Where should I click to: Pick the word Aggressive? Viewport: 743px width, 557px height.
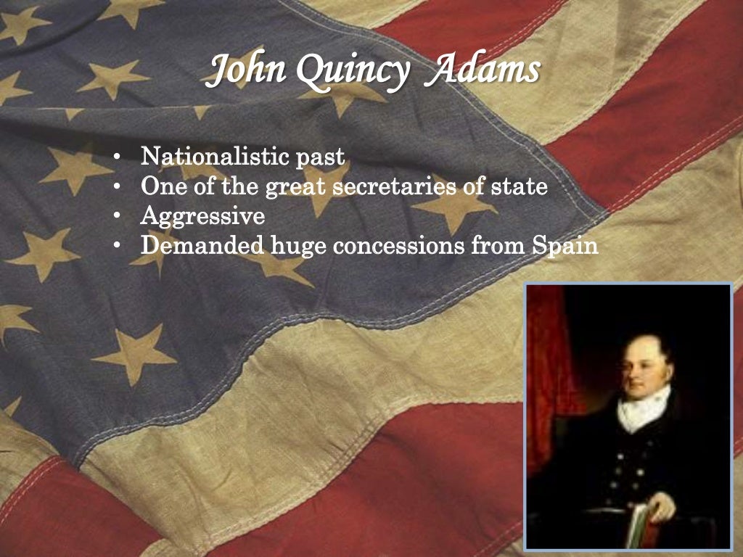click(x=202, y=217)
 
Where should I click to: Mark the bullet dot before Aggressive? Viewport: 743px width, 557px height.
click(x=117, y=216)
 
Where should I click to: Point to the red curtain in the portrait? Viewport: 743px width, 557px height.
click(x=546, y=363)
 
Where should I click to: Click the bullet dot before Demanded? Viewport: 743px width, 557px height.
click(x=117, y=246)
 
